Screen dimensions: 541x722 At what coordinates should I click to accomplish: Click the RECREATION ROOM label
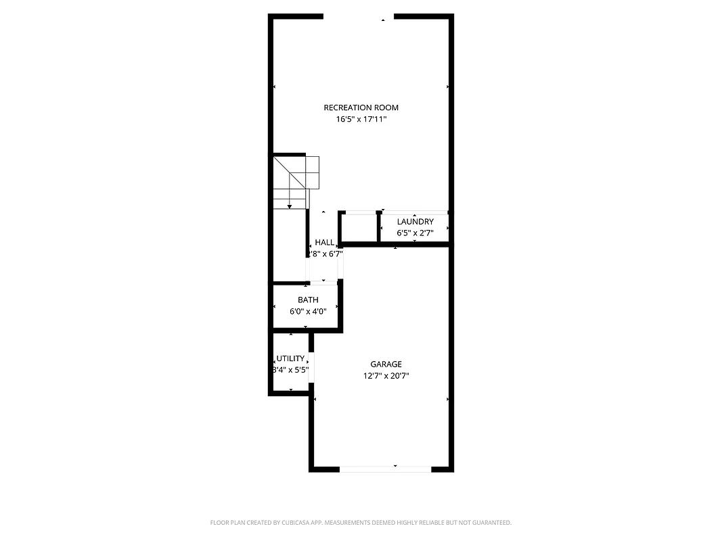361,108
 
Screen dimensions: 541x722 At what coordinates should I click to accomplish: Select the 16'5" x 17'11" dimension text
361,119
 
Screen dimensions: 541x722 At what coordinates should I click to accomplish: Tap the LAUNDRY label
415,222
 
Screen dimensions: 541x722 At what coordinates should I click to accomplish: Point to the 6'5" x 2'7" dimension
415,233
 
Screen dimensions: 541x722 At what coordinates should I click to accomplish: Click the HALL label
324,242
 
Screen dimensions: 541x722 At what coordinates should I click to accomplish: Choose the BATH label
308,300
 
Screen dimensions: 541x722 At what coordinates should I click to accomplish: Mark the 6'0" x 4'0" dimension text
308,311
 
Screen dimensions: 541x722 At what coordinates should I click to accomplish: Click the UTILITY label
290,358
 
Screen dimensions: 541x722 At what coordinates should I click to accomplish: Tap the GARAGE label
386,364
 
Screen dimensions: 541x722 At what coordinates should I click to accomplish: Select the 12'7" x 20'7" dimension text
386,375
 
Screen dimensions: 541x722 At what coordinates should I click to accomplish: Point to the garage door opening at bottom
385,468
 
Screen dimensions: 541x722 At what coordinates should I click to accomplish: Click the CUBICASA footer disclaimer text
361,523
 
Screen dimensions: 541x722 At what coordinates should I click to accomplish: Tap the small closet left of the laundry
359,228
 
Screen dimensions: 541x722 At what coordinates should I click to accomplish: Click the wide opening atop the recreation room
358,17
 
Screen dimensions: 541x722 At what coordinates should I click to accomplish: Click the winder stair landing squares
304,172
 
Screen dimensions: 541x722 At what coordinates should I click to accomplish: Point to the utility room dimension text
290,370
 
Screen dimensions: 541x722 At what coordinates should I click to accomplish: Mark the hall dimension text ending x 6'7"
325,254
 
